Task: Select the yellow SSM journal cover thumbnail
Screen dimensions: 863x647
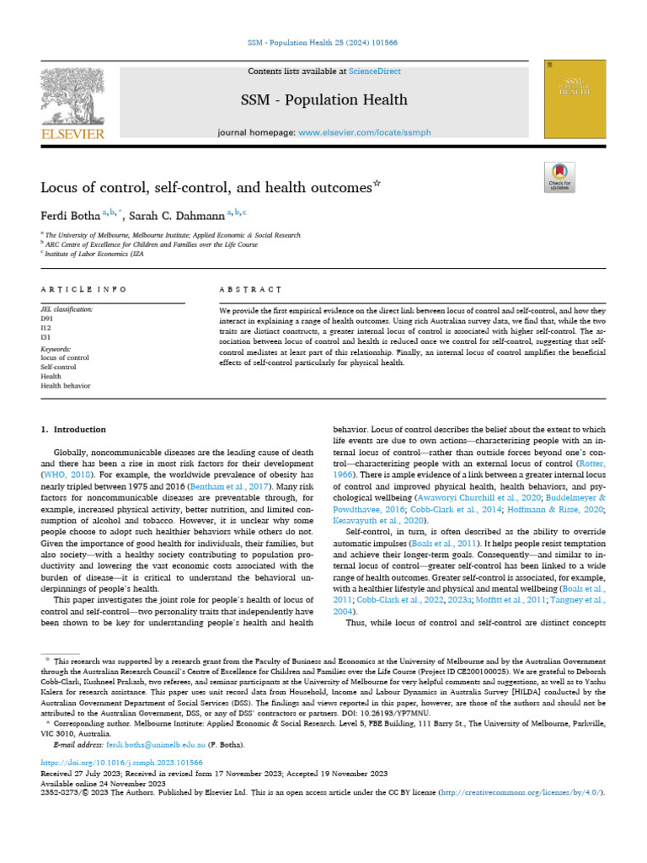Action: pos(575,99)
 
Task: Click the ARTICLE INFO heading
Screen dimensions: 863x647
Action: pos(83,289)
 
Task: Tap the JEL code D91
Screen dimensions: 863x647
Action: pos(47,319)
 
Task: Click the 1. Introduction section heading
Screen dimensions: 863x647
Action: pos(73,429)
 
